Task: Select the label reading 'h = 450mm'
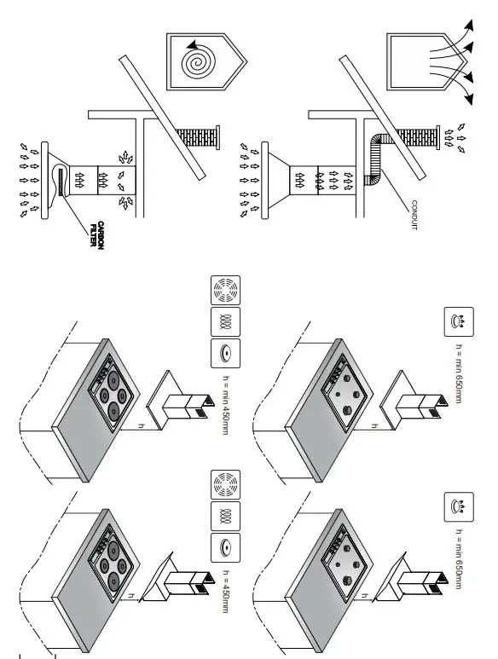coord(226,588)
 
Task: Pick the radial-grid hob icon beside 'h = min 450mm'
coord(226,292)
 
